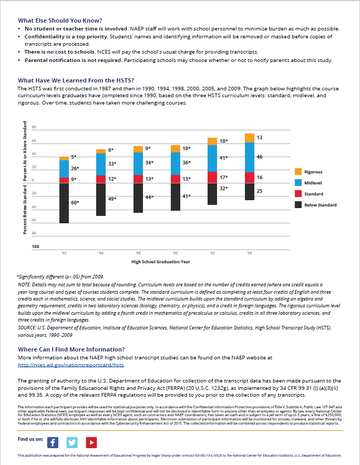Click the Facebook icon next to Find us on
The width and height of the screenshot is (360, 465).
(52, 442)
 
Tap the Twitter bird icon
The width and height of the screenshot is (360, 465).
(72, 442)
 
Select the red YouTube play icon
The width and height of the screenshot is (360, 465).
(91, 442)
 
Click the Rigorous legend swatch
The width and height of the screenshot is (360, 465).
(298, 172)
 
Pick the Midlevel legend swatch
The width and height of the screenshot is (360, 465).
(298, 183)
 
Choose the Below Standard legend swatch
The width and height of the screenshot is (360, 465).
(298, 205)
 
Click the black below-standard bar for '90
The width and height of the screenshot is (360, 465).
(64, 203)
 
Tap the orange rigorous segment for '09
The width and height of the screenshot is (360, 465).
(249, 138)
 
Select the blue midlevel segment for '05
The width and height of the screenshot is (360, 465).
(212, 158)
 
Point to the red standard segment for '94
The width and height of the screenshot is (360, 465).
(101, 179)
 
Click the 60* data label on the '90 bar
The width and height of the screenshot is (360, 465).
(75, 202)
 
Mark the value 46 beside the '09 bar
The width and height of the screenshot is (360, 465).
(260, 157)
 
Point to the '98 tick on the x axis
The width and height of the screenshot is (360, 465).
(138, 253)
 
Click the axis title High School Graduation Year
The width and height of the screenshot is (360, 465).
(160, 261)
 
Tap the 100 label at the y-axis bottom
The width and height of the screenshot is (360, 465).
(36, 246)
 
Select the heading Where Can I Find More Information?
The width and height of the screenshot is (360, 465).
(71, 349)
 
